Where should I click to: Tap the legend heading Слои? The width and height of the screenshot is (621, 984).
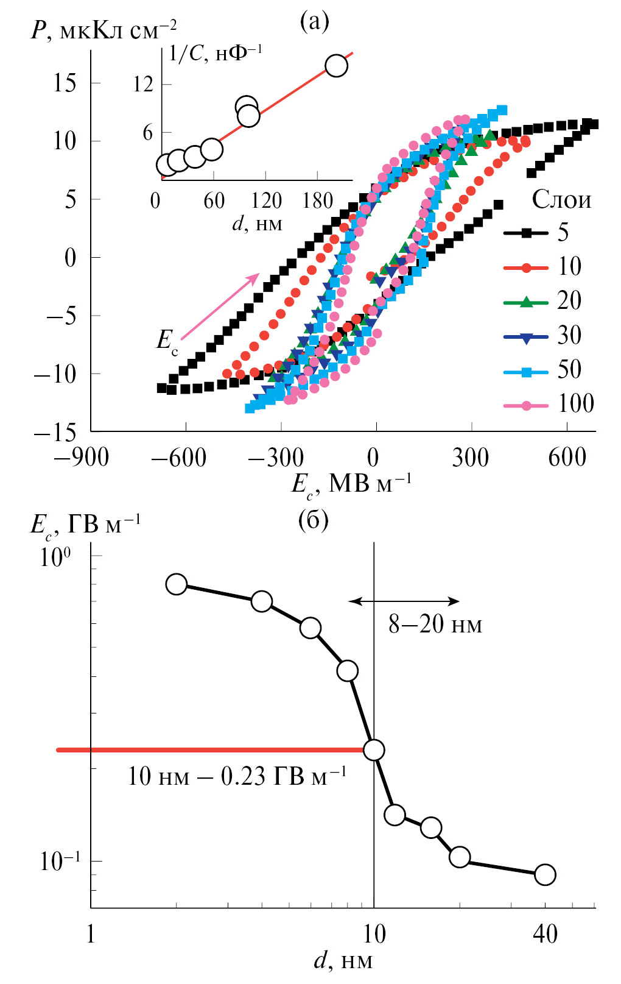561,199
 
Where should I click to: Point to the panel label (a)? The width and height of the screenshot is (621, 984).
315,22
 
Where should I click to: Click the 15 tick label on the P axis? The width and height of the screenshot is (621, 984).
65,83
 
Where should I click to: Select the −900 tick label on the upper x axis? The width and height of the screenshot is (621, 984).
81,458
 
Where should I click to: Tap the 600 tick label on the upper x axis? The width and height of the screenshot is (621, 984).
567,458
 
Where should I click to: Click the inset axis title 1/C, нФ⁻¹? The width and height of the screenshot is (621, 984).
215,54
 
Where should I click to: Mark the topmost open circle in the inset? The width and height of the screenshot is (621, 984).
336,66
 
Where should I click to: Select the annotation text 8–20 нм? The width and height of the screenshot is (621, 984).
435,625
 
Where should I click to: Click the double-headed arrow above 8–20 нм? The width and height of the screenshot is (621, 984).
404,601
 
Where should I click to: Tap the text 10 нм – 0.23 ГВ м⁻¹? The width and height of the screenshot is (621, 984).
237,776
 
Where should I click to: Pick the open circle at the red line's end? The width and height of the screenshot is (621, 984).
373,750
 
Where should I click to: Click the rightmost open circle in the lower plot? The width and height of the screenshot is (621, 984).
545,874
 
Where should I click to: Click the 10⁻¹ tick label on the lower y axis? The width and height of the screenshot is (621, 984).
60,861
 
